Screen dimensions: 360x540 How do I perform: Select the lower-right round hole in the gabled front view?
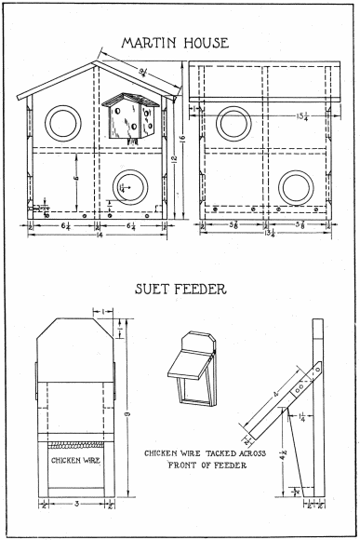[127, 184]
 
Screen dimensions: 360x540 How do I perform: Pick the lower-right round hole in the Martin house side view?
[296, 184]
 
